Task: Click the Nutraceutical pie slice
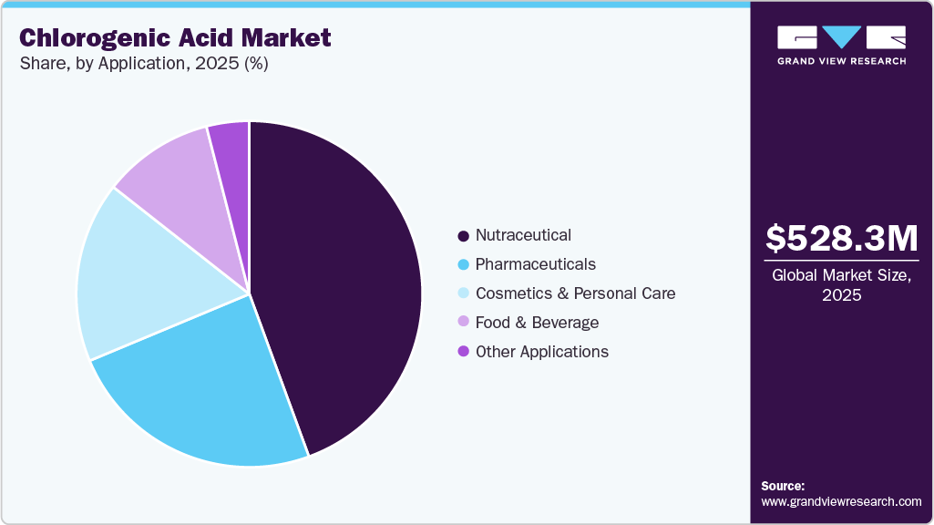[346, 283]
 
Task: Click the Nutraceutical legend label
[523, 235]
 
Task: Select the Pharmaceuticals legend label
[535, 264]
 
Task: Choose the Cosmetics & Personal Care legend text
[575, 293]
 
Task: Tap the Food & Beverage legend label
[537, 323]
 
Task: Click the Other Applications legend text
[541, 352]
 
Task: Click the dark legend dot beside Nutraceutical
[463, 236]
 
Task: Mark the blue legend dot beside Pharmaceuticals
[463, 265]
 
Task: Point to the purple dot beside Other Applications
[463, 352]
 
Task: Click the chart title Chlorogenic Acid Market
[175, 38]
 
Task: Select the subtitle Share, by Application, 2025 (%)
[144, 65]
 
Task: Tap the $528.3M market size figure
[841, 238]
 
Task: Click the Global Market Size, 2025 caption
[841, 284]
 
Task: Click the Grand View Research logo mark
[841, 37]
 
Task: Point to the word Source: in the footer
[782, 486]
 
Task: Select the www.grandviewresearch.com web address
[841, 501]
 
